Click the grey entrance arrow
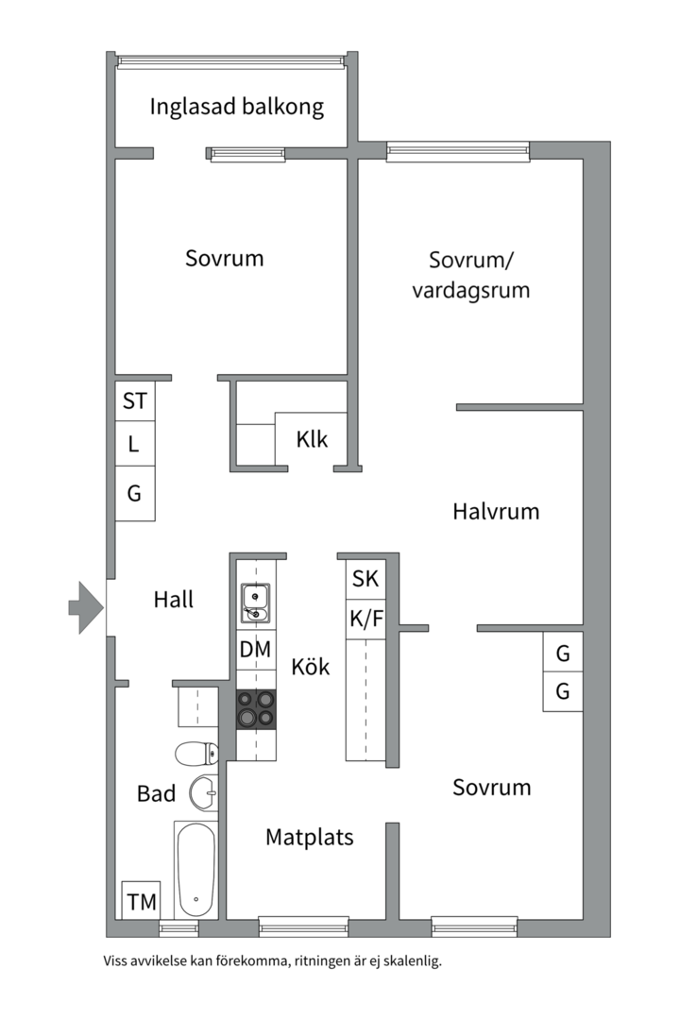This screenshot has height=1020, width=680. (86, 607)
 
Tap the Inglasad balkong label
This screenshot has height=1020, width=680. (236, 107)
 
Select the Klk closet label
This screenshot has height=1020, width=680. (312, 439)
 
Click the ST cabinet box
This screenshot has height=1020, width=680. (135, 401)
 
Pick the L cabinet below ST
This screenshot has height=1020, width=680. (135, 445)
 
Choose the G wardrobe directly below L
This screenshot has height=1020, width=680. (135, 493)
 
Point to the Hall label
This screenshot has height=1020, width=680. (173, 599)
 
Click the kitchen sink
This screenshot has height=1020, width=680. (255, 603)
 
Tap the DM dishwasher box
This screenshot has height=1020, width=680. (255, 650)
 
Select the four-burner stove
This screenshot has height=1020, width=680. (256, 709)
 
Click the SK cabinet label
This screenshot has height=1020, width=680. (365, 579)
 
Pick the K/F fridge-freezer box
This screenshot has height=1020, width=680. (365, 620)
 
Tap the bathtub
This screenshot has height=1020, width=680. (196, 869)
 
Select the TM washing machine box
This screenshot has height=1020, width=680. (142, 901)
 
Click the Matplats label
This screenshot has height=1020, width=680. (309, 837)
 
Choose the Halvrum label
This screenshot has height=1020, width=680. (496, 512)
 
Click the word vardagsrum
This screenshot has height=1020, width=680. (470, 290)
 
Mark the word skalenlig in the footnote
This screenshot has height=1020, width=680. (410, 962)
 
